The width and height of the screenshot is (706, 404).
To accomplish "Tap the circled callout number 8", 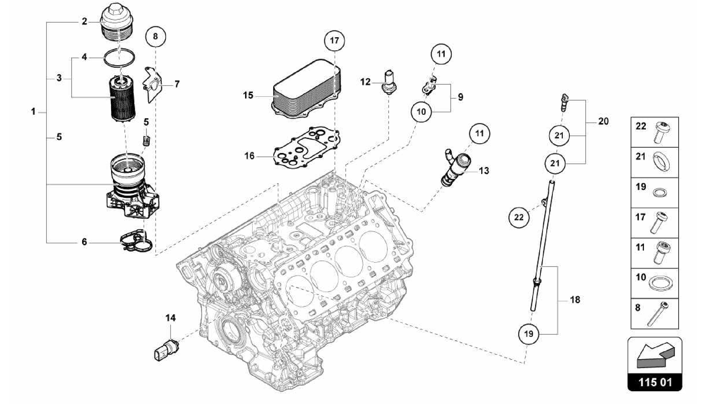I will click(155, 36).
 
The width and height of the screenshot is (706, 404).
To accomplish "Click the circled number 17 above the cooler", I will click(334, 41).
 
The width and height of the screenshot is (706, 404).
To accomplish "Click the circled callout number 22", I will click(519, 217).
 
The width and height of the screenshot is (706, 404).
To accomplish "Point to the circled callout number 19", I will click(528, 334).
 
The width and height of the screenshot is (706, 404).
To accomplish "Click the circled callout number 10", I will click(421, 112).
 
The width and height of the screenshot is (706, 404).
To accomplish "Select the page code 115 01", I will click(655, 382).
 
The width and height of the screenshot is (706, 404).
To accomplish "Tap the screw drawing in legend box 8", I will click(658, 314).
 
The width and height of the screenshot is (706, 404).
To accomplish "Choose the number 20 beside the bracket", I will click(603, 121).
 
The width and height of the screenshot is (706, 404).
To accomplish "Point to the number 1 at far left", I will click(33, 112).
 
